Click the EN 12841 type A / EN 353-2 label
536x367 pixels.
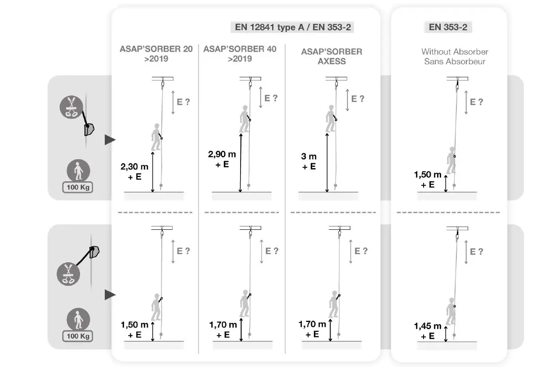[293, 27]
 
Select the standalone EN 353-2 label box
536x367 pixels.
[448, 27]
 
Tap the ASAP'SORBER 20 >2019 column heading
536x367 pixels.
[156, 54]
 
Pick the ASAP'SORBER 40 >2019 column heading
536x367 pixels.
[240, 54]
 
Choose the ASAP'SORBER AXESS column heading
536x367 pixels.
[331, 56]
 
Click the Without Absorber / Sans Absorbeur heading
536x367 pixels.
[455, 57]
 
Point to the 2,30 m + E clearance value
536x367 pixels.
[135, 171]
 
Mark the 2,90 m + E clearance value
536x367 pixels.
[222, 159]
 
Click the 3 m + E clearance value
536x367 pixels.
[309, 161]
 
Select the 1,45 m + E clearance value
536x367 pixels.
[428, 331]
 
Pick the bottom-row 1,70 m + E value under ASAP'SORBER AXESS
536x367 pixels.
[312, 329]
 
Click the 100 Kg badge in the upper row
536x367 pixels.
[78, 185]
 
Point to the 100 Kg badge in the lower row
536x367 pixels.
[78, 335]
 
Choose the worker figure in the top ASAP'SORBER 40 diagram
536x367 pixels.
[244, 119]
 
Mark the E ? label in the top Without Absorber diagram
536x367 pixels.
[476, 102]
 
